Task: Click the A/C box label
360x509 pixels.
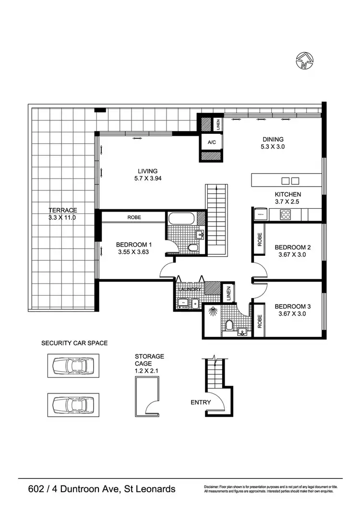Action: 211,142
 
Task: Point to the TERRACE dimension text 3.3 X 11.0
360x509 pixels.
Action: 62,217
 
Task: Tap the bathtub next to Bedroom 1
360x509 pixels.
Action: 181,219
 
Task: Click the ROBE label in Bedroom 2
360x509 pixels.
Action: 260,238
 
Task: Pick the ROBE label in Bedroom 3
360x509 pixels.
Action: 260,320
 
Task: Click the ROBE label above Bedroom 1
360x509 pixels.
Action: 134,217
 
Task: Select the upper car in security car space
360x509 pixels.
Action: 73,366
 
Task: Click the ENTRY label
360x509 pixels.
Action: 200,402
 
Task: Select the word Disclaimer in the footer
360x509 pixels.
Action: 213,487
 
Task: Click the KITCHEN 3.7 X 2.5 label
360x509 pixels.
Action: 288,198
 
